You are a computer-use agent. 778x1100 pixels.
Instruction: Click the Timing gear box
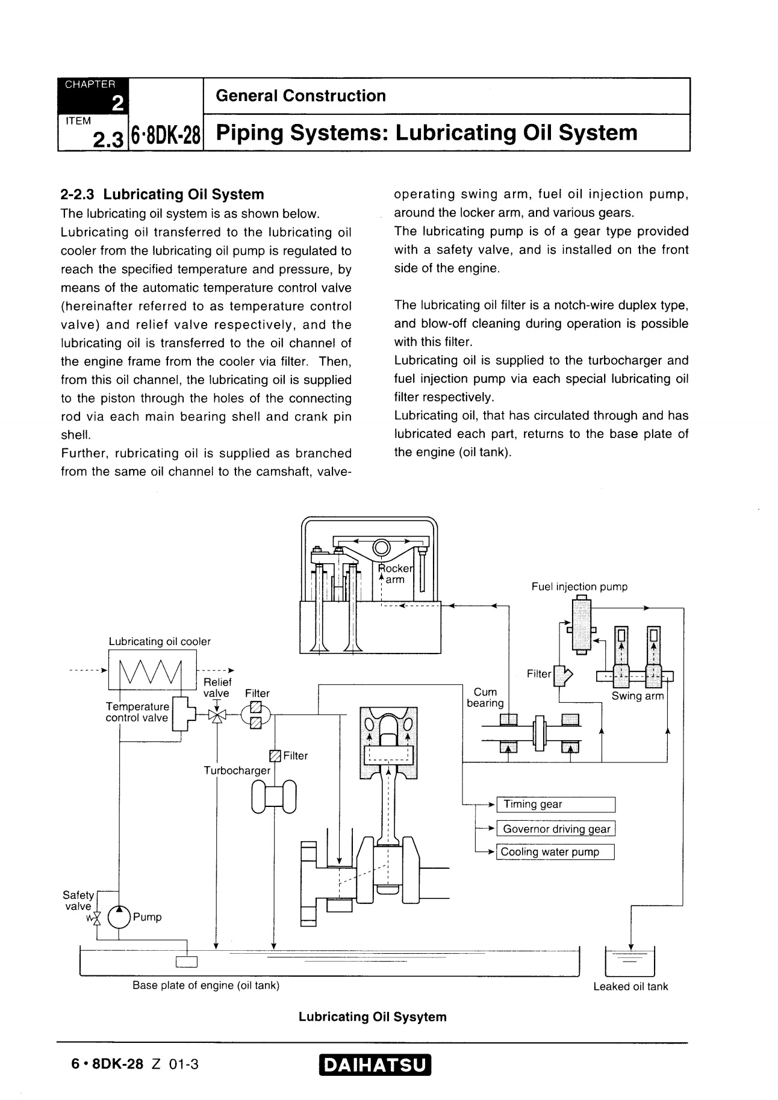[x=555, y=805]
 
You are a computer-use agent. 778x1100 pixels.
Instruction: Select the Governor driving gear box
[x=555, y=829]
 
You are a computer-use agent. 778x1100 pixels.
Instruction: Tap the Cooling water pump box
[x=555, y=852]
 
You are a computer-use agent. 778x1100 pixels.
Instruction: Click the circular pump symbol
[x=119, y=917]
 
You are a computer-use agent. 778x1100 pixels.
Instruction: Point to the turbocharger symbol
[x=274, y=796]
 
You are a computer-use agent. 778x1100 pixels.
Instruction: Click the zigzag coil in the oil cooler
[x=151, y=673]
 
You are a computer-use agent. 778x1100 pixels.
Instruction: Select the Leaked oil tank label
[x=630, y=986]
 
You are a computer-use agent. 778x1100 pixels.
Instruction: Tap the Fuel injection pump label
[x=579, y=587]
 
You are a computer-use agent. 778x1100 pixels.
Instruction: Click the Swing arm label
[x=637, y=696]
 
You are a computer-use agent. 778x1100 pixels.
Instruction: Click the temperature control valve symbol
[x=180, y=714]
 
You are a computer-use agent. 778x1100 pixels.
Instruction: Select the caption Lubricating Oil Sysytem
[x=373, y=1017]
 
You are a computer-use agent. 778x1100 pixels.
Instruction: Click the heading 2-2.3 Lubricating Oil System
[x=163, y=194]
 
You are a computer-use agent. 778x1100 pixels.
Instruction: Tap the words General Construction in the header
[x=300, y=96]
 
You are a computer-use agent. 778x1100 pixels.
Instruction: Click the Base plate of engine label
[x=206, y=985]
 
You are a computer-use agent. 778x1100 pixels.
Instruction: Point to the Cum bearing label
[x=485, y=697]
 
